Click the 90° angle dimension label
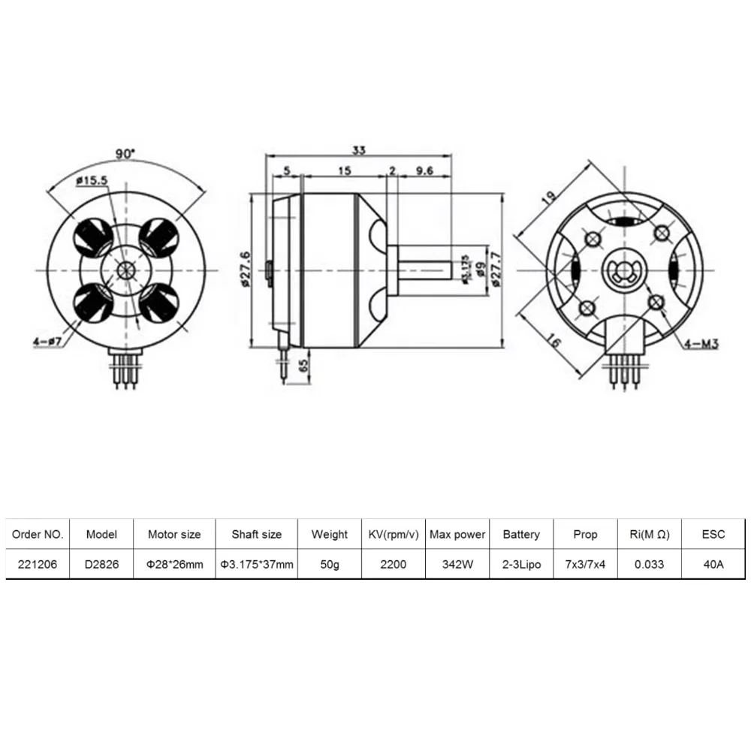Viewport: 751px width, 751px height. point(125,153)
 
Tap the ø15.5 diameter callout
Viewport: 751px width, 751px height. point(93,179)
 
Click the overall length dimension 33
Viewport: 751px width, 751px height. point(359,150)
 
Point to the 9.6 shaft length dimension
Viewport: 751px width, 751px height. point(424,170)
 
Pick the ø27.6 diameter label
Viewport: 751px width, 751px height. point(246,268)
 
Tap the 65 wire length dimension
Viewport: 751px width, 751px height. point(303,367)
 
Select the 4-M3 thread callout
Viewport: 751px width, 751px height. point(702,345)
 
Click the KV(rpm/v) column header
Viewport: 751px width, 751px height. point(394,535)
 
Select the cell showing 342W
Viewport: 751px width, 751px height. point(457,564)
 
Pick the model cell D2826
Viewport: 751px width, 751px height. point(101,564)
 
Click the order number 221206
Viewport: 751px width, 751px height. point(38,564)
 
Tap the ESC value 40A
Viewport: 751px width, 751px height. point(713,564)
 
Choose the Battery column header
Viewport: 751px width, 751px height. point(521,535)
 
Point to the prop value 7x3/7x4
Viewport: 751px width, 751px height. point(585,564)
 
